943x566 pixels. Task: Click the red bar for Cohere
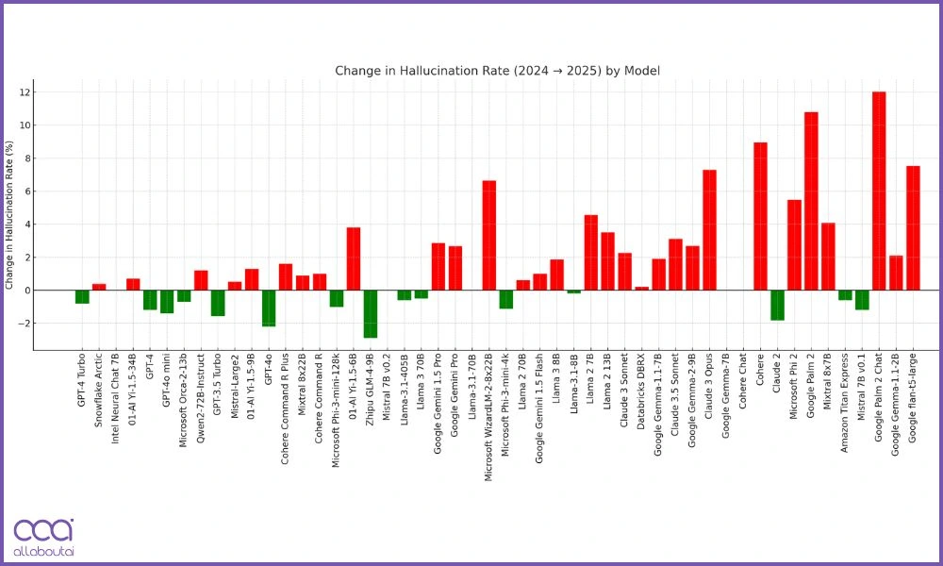tap(760, 216)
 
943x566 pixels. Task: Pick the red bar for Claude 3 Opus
tap(709, 230)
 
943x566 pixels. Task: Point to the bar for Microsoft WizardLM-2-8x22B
tap(488, 235)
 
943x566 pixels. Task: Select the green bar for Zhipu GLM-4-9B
tap(371, 313)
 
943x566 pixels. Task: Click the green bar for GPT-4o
tap(269, 308)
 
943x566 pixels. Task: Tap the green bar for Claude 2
tap(777, 305)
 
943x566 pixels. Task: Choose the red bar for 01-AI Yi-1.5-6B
tap(354, 258)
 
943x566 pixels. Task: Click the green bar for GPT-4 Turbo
tap(82, 296)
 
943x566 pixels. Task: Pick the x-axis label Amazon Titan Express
tap(845, 399)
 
